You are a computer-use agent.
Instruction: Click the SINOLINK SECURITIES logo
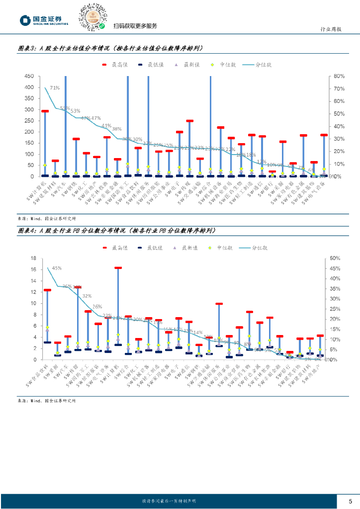(44, 20)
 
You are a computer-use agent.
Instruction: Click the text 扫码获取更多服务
(135, 26)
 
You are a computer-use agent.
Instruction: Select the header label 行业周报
(330, 29)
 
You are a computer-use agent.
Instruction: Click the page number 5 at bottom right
(350, 501)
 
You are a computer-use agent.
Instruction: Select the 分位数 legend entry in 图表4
(254, 247)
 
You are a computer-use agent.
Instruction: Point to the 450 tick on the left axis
(29, 77)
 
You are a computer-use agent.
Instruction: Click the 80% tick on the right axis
(339, 77)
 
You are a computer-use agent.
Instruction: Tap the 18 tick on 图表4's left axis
(33, 258)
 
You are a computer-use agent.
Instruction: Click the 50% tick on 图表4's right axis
(334, 258)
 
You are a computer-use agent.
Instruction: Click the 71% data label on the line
(55, 88)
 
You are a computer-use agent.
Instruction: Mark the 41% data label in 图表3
(106, 126)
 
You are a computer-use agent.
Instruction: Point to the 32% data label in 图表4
(87, 296)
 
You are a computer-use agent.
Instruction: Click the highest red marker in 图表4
(118, 268)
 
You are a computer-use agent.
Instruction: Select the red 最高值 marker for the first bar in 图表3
(45, 111)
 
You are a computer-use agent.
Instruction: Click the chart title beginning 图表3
(110, 48)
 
